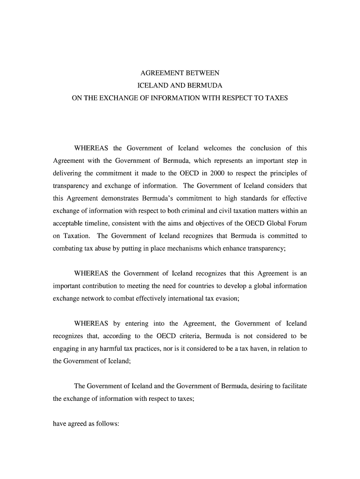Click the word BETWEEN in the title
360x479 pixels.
200,74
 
